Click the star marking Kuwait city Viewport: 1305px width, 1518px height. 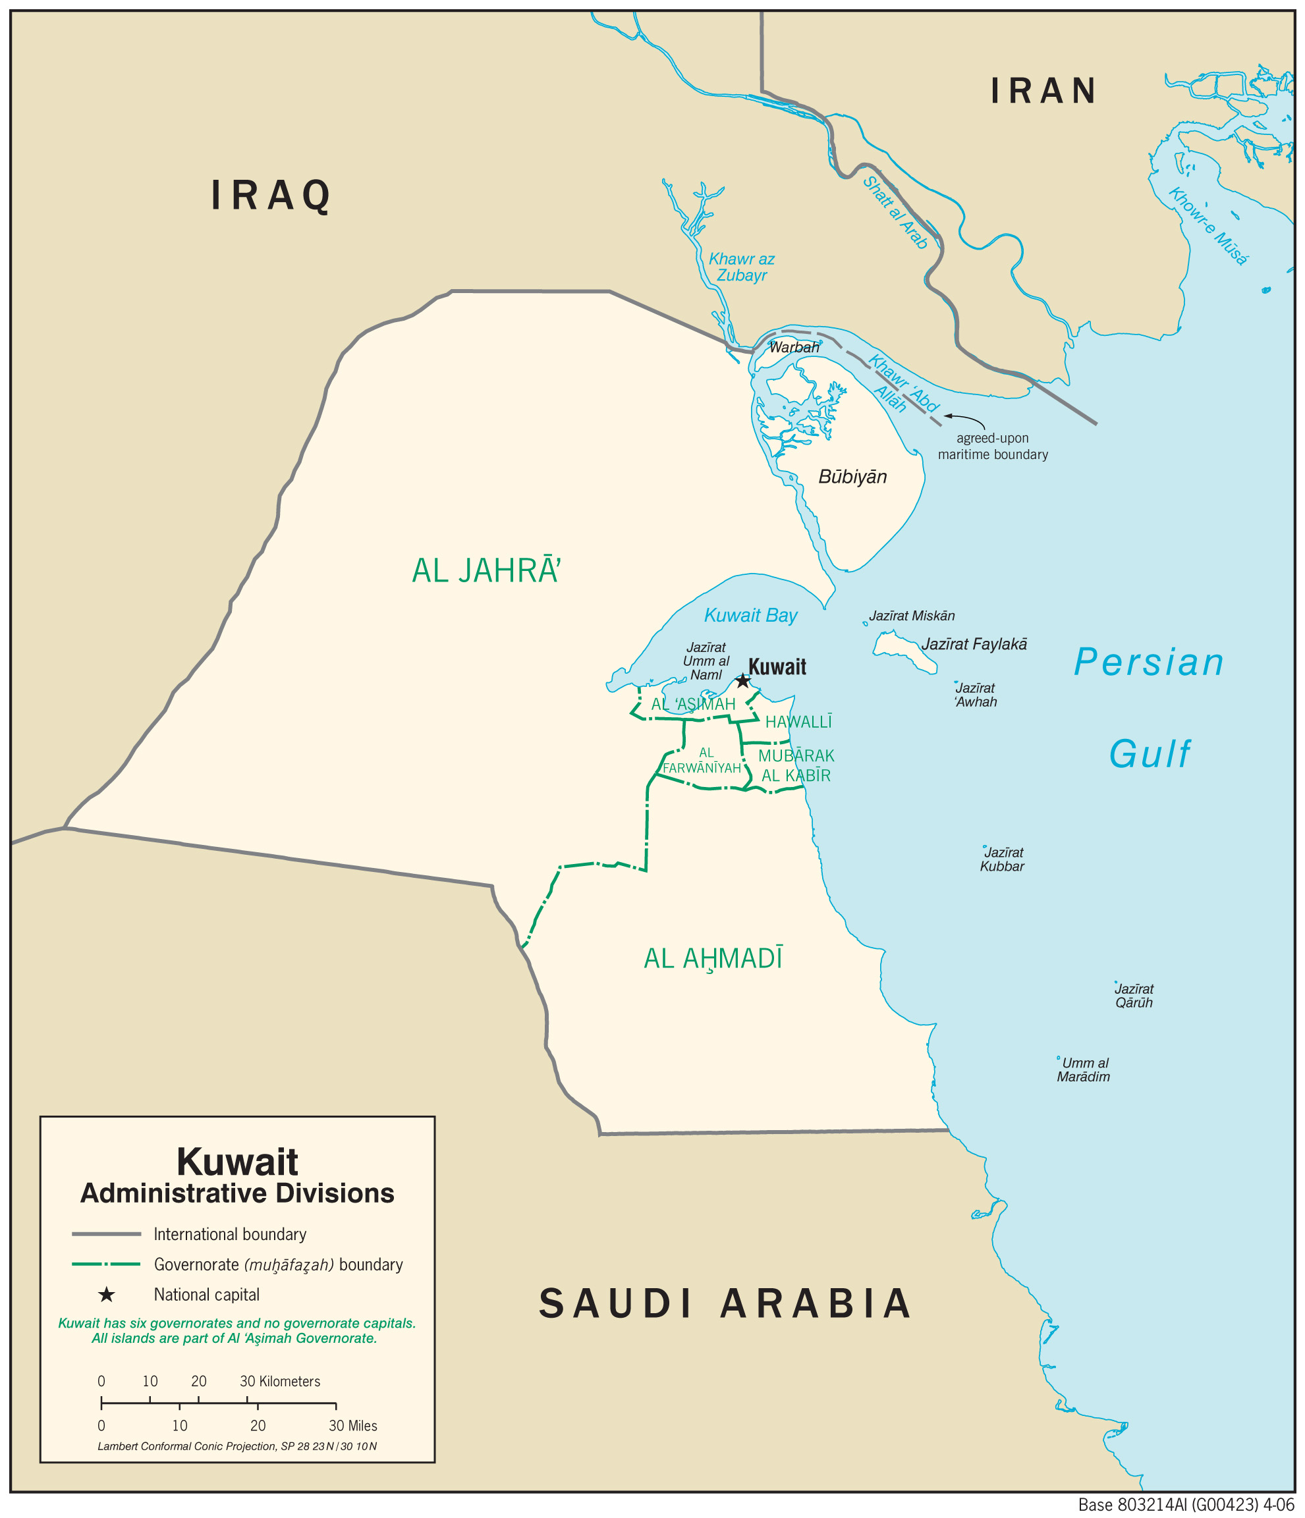742,682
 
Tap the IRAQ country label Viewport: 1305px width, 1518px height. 271,196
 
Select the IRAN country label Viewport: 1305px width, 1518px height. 1043,91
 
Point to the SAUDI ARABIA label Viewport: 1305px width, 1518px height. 725,1303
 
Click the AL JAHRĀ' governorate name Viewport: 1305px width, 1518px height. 486,571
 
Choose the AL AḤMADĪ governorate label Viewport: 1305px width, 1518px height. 712,958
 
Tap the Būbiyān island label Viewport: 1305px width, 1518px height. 852,477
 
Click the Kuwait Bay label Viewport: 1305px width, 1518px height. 750,614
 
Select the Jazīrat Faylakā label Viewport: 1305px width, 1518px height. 974,644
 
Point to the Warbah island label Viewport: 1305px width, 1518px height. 794,347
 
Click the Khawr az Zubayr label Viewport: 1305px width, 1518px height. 741,267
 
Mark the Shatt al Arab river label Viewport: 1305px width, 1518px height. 895,213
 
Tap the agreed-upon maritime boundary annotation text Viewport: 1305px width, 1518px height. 992,446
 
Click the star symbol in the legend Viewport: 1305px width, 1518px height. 107,1295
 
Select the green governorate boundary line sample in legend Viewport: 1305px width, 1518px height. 106,1264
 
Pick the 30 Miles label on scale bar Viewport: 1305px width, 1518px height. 352,1426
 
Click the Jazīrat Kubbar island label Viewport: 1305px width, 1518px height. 1002,859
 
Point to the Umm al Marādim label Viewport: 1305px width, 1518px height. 1083,1070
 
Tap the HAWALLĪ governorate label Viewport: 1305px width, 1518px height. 798,722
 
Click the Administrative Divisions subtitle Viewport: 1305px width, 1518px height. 236,1193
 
